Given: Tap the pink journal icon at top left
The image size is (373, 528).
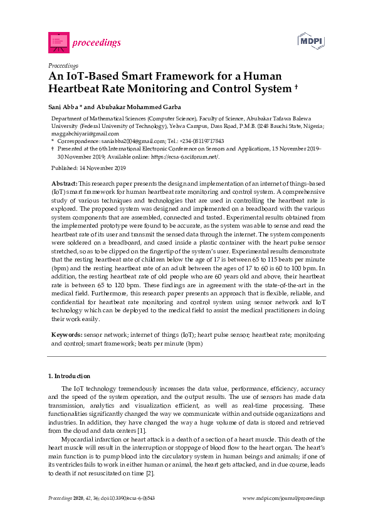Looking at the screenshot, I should coord(58,42).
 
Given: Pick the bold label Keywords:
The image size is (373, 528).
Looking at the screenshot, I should coord(66,336).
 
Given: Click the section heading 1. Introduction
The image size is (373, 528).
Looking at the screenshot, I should coord(69,376).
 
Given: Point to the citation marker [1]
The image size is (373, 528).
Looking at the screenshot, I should coord(142,431).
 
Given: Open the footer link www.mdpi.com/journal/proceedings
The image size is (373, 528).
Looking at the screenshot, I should coord(283,498).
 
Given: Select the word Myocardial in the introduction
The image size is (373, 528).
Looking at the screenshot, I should coord(78,440).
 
